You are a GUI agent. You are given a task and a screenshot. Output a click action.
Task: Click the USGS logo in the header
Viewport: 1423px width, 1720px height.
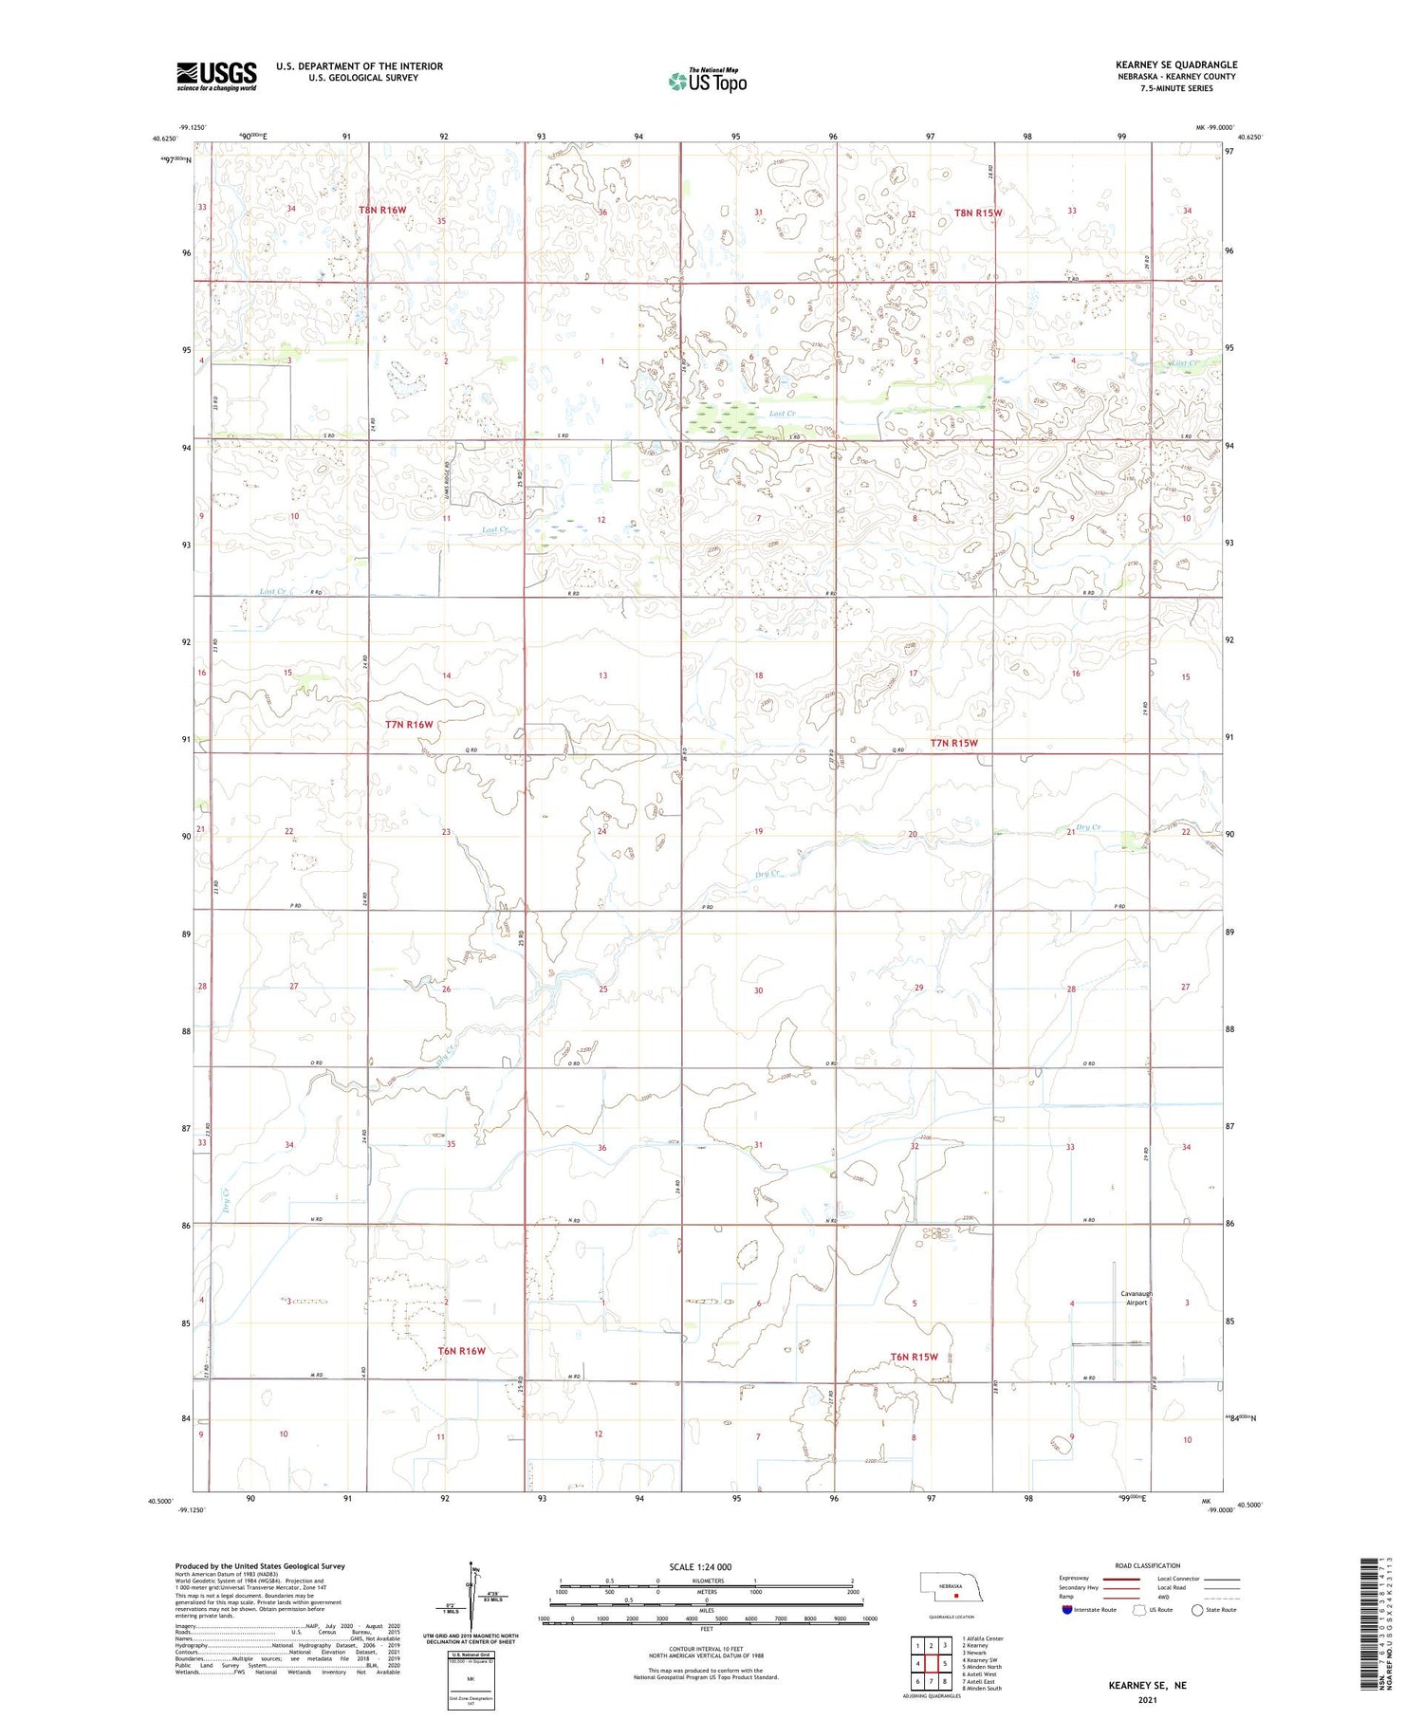point(216,76)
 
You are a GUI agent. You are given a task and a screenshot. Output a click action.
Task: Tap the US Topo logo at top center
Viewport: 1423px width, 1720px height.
point(707,82)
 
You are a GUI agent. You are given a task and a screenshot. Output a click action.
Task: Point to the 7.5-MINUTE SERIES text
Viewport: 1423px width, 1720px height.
point(1176,88)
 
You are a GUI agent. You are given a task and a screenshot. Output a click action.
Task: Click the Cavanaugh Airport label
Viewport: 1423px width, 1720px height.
point(1136,1298)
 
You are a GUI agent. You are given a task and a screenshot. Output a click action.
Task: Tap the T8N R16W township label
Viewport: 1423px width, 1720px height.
point(382,210)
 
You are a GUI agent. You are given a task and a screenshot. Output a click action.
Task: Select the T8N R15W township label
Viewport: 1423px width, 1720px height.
point(978,213)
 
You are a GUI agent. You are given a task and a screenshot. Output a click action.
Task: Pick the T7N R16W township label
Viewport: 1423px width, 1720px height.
point(409,724)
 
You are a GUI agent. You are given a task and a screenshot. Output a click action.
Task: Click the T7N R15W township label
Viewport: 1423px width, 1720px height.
point(953,743)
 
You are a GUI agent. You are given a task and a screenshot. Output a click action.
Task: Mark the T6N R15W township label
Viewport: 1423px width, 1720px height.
point(914,1357)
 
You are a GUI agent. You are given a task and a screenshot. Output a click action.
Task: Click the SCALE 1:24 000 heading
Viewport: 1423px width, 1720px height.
point(700,1566)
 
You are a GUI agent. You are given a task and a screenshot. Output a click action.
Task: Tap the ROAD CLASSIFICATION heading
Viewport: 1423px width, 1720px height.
point(1147,1565)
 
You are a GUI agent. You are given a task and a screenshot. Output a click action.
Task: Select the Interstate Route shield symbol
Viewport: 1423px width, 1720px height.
point(1067,1609)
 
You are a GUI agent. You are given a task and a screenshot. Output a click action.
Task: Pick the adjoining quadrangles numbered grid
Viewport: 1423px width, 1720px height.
point(931,1662)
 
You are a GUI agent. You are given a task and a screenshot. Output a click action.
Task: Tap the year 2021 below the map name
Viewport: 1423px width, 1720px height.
point(1147,1700)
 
